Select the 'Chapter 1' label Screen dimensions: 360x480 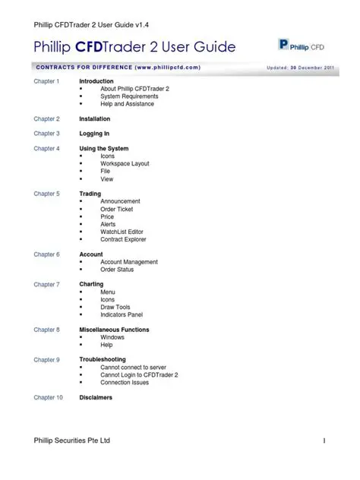click(46, 81)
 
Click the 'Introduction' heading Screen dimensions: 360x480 click(96, 81)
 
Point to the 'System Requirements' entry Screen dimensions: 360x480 click(129, 96)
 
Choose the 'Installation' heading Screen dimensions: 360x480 click(95, 119)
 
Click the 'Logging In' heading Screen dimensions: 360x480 click(95, 134)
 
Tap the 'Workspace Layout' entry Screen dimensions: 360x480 click(125, 164)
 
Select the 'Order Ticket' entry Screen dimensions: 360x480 click(116, 209)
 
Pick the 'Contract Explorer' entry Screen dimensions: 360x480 click(123, 239)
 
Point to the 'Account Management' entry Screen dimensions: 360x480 click(129, 262)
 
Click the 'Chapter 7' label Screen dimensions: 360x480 click(46, 285)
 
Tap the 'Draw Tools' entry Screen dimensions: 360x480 click(115, 307)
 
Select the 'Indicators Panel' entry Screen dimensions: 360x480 click(122, 314)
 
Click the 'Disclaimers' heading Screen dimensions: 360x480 click(96, 397)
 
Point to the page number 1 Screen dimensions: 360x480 click(324, 441)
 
